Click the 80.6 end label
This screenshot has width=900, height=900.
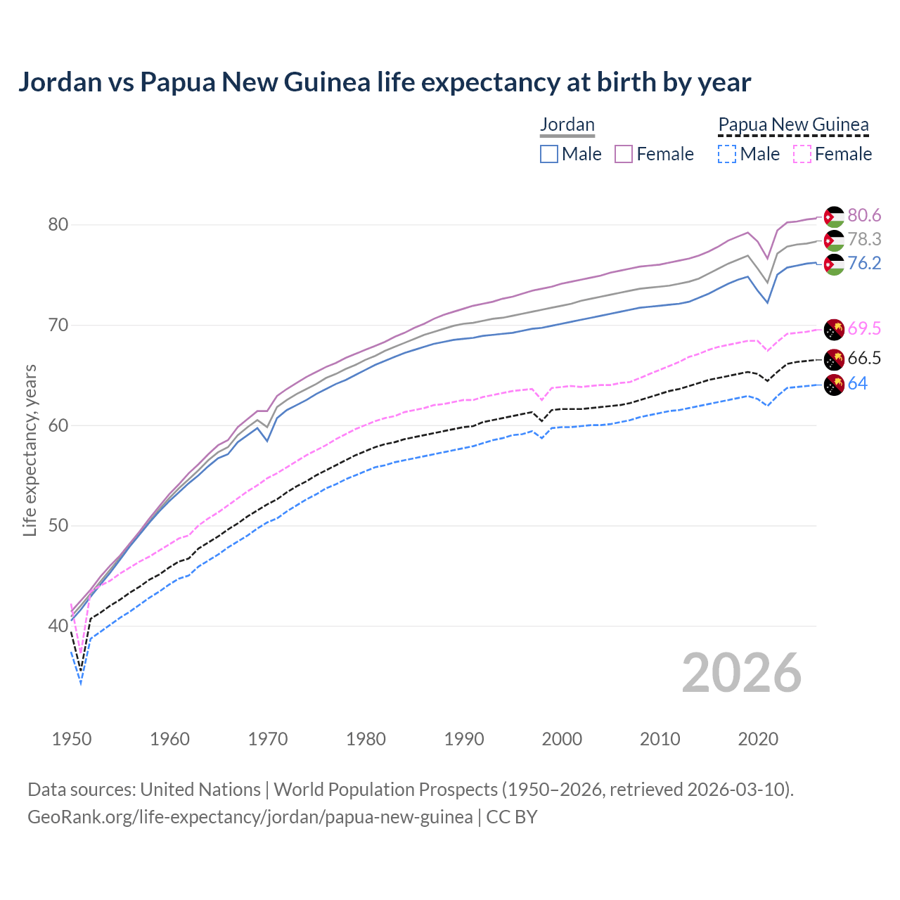click(x=864, y=215)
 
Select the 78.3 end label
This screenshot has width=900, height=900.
click(x=864, y=239)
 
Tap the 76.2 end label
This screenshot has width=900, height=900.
click(x=864, y=263)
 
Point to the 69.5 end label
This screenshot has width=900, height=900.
click(x=864, y=328)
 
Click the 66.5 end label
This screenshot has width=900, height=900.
click(x=864, y=358)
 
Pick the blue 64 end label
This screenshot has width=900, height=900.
click(x=858, y=383)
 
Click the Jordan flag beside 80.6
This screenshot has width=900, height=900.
click(x=834, y=217)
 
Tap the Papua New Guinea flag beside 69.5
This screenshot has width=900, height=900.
click(x=834, y=330)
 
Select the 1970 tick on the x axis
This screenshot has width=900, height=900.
click(x=268, y=739)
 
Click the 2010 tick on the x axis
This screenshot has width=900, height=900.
click(x=660, y=739)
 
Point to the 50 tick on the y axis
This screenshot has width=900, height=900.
click(x=58, y=526)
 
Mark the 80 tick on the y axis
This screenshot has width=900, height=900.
click(x=58, y=225)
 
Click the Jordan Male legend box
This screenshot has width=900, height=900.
click(x=549, y=154)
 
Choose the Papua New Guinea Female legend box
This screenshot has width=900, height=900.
click(x=802, y=154)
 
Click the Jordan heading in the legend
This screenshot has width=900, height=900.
click(x=567, y=124)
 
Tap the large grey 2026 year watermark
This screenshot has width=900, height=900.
click(x=742, y=673)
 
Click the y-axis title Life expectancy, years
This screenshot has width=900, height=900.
click(x=30, y=450)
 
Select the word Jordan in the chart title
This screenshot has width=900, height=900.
click(x=60, y=82)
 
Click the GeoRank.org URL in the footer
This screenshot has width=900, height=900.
click(x=250, y=817)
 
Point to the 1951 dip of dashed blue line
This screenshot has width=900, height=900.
click(x=81, y=683)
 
